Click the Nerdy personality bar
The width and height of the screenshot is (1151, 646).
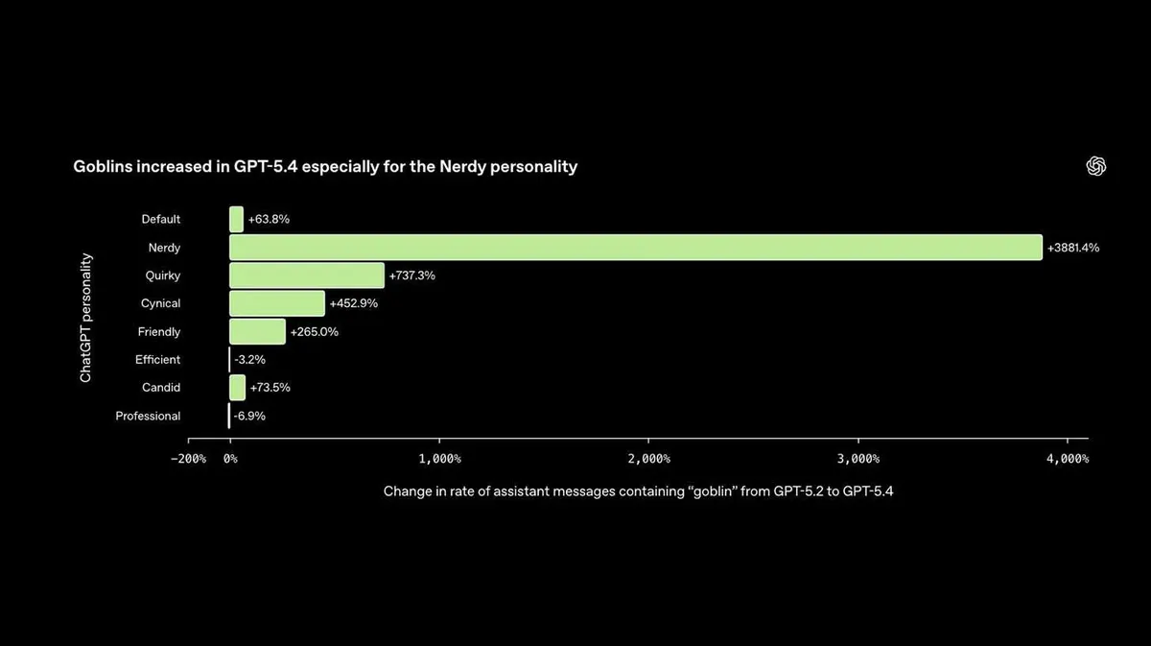point(636,248)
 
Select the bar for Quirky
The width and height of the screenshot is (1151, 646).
point(307,275)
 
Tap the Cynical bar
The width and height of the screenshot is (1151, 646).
point(277,303)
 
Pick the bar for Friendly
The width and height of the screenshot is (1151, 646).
point(257,332)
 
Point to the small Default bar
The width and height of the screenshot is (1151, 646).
point(236,219)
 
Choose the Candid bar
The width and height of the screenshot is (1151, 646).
point(238,387)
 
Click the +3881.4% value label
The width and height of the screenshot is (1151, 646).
point(1073,248)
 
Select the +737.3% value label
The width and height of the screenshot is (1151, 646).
point(412,275)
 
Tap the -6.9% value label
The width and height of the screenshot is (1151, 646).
point(249,416)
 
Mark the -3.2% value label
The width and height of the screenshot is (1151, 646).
point(249,360)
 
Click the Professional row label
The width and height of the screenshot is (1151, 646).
point(148,416)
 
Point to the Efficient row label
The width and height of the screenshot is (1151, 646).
point(157,360)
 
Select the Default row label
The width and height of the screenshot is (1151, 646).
point(161,219)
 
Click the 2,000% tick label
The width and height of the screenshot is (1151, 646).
point(649,459)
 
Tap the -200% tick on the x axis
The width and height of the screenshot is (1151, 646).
point(188,459)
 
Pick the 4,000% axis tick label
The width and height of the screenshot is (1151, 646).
point(1068,459)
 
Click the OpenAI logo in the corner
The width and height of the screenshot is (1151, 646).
point(1096,166)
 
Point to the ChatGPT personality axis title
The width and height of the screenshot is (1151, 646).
point(85,318)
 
